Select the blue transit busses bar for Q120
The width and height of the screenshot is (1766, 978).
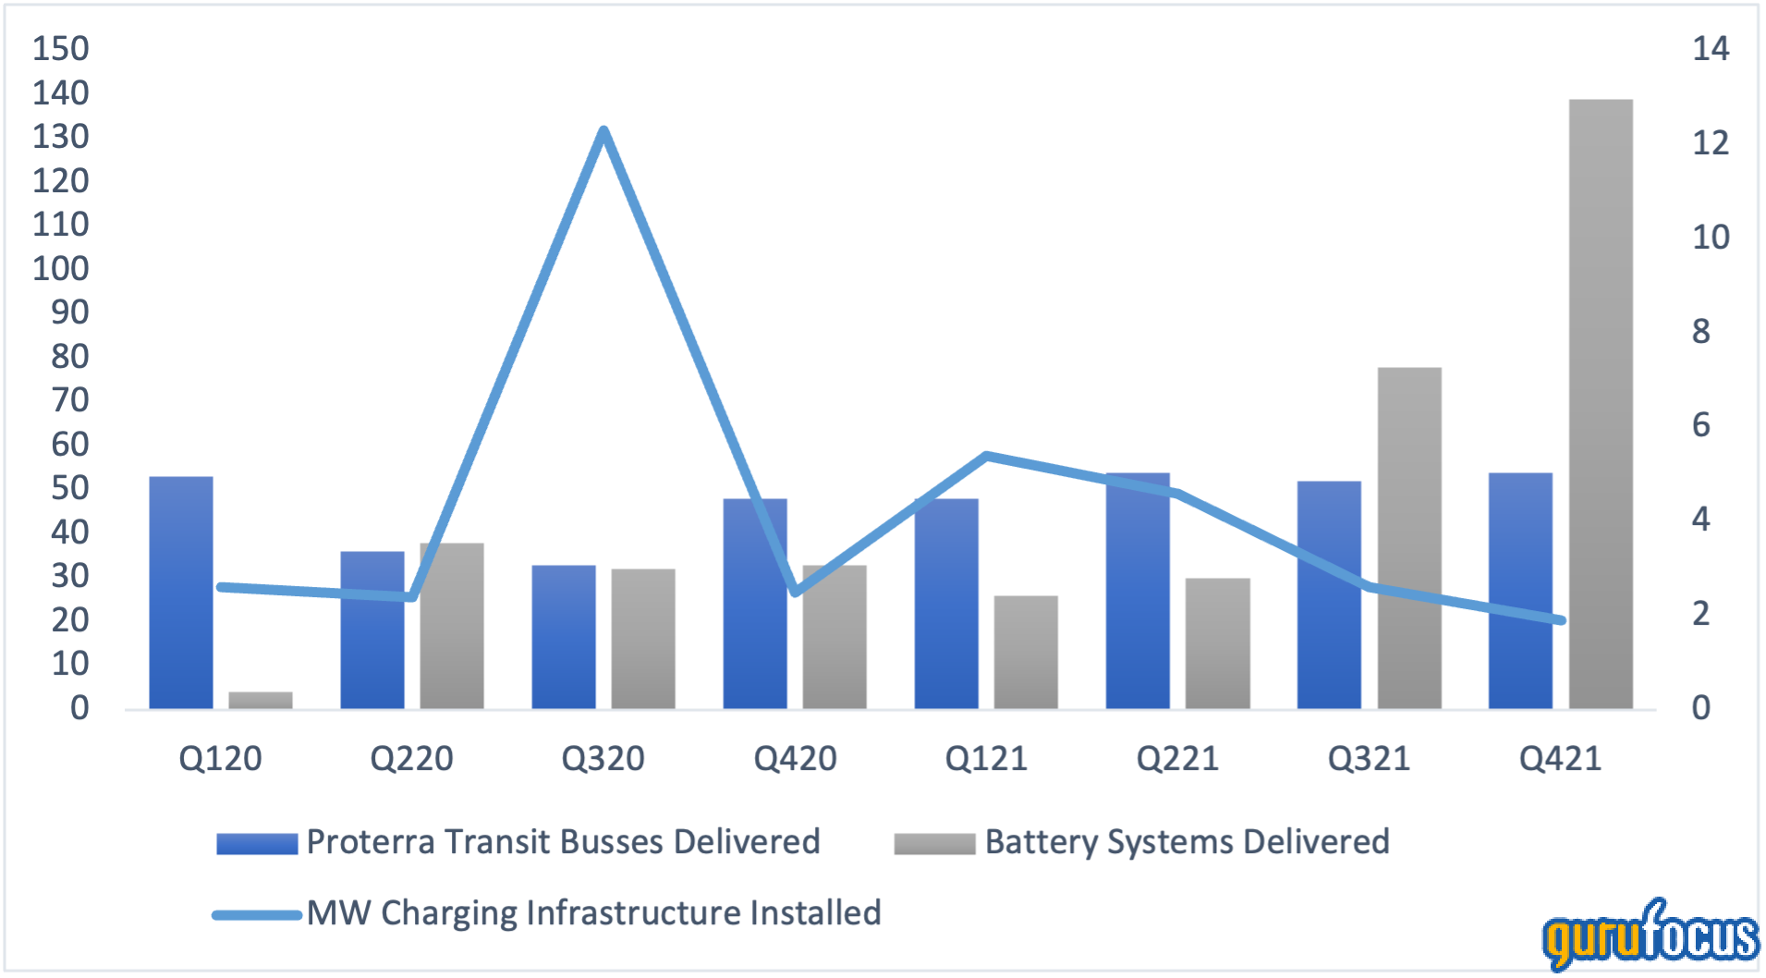coord(181,593)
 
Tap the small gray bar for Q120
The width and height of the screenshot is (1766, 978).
coord(261,700)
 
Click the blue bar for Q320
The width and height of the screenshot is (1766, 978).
coord(564,637)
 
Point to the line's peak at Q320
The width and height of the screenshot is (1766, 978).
coord(603,130)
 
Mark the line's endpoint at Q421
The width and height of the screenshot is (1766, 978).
coord(1561,620)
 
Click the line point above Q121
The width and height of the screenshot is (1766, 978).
coord(987,456)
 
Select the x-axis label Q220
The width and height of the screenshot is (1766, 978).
coord(411,759)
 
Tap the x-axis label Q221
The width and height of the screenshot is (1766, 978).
coord(1177,759)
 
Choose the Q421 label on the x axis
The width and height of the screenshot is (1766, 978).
coord(1560,759)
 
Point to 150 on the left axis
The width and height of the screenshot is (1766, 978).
coord(61,49)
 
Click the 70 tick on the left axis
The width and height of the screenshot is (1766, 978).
coord(70,400)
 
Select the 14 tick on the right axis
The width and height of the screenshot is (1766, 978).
coord(1710,49)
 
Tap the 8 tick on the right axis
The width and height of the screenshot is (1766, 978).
coord(1701,331)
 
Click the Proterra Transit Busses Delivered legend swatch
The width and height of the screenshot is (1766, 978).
coord(257,843)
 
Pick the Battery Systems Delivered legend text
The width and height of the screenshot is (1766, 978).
coord(1187,842)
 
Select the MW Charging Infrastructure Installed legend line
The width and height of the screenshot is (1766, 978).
coord(257,915)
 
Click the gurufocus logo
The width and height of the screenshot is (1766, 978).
coord(1650,936)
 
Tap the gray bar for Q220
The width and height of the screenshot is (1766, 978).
coord(452,626)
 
